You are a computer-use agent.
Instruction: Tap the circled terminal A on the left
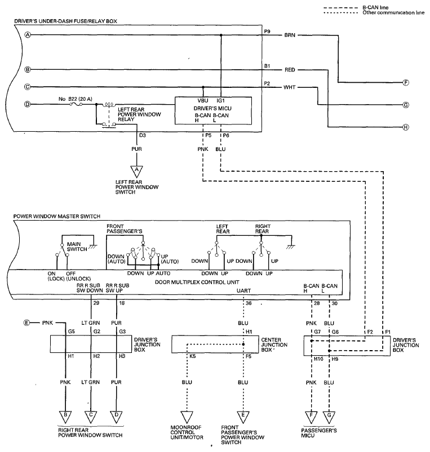[x=28, y=35]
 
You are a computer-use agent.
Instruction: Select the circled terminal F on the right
[x=406, y=83]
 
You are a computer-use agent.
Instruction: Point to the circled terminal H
[x=406, y=127]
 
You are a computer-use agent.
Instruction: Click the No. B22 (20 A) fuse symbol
[x=76, y=104]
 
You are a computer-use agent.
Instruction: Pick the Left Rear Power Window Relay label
[x=139, y=114]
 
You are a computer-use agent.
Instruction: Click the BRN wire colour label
[x=290, y=35]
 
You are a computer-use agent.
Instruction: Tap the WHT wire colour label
[x=290, y=87]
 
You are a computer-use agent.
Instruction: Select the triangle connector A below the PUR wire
[x=137, y=172]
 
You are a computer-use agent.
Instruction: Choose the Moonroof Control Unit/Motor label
[x=187, y=432]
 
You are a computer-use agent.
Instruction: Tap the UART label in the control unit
[x=243, y=290]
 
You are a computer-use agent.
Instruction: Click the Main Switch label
[x=77, y=247]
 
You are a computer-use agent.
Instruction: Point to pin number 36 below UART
[x=249, y=303]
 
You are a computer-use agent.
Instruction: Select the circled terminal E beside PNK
[x=26, y=323]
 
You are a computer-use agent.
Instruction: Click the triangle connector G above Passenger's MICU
[x=329, y=417]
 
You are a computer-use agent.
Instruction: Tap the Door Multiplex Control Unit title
[x=197, y=282]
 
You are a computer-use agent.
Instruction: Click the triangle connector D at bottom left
[x=116, y=417]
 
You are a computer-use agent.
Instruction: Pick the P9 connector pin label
[x=267, y=31]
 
